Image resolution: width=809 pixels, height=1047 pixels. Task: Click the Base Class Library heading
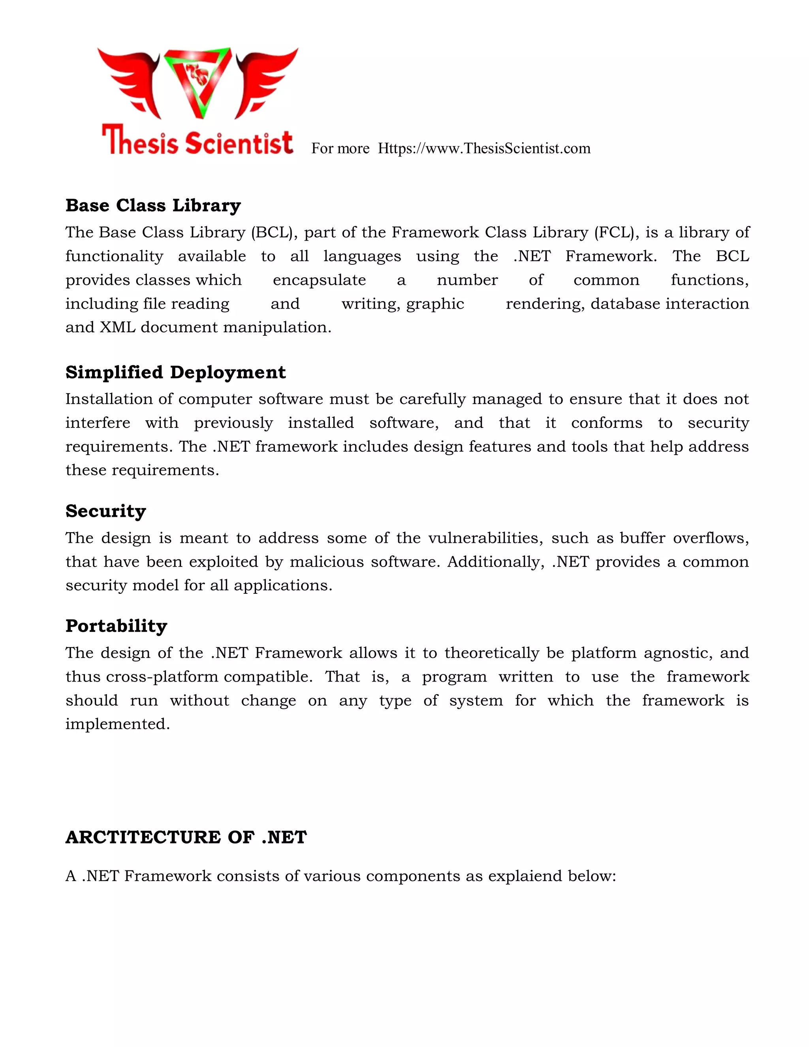click(x=153, y=206)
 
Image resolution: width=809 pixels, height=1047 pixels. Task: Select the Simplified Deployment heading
click(x=175, y=373)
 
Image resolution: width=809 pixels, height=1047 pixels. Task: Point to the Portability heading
click(x=116, y=626)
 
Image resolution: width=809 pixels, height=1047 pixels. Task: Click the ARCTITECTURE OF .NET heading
click(x=186, y=838)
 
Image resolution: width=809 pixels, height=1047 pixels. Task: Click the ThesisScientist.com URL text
click(x=484, y=149)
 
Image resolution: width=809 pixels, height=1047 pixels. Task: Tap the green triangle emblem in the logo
click(x=198, y=81)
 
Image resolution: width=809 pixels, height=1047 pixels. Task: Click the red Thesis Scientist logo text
click(x=198, y=141)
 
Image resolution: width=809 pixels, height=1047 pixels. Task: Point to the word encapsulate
click(x=319, y=280)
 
